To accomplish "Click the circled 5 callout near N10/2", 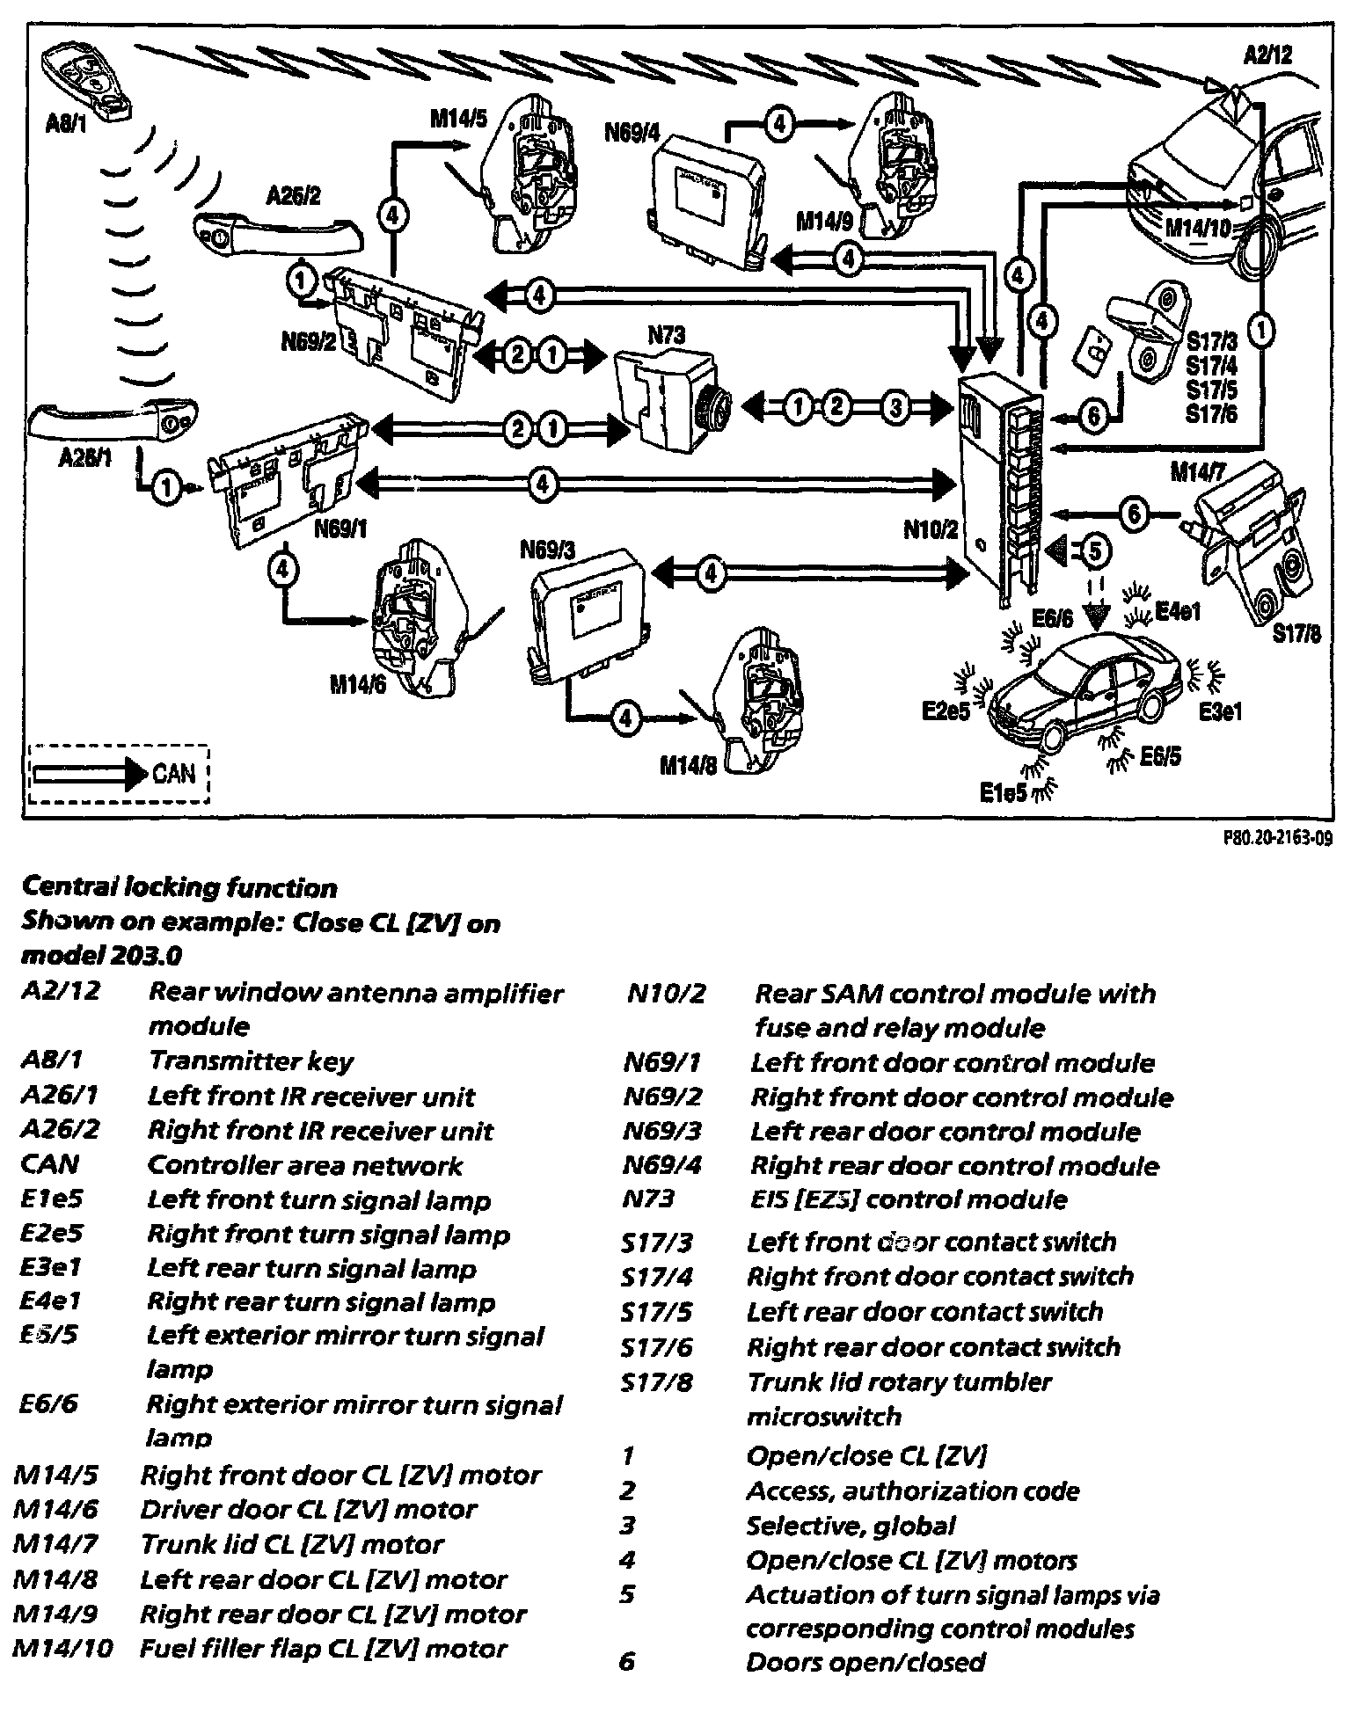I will pos(1093,550).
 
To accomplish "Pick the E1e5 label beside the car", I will pos(1004,792).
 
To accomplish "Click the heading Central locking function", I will pos(179,887).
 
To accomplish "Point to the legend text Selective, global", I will pos(850,1525).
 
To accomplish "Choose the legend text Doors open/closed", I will pos(865,1662).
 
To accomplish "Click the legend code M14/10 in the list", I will pos(63,1648).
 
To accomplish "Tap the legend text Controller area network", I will pos(304,1165).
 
